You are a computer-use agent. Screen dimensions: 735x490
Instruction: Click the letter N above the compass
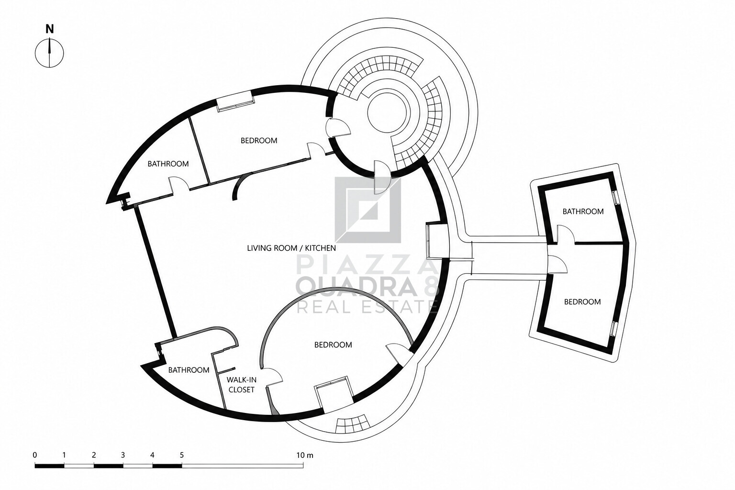click(x=50, y=29)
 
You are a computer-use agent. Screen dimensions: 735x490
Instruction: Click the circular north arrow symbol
click(x=50, y=53)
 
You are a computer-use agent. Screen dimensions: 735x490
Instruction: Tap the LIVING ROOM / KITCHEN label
click(x=291, y=248)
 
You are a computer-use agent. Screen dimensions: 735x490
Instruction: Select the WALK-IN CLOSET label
click(x=242, y=385)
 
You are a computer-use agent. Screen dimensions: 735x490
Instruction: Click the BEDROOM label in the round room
click(x=333, y=345)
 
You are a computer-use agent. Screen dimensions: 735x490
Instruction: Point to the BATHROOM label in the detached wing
click(x=583, y=212)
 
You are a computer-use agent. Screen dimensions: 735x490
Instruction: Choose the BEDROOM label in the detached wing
click(x=582, y=301)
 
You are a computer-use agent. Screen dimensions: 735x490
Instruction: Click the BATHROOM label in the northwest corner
click(x=168, y=164)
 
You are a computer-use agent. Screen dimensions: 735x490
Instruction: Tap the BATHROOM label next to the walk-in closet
click(x=189, y=370)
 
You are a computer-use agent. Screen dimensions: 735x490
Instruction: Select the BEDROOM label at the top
click(x=259, y=141)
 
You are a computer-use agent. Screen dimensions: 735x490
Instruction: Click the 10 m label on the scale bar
click(x=305, y=455)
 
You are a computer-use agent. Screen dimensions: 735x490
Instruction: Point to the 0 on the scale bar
click(x=35, y=455)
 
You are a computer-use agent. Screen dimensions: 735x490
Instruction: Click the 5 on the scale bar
click(x=182, y=455)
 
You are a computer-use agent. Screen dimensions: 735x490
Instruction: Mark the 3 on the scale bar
click(x=122, y=455)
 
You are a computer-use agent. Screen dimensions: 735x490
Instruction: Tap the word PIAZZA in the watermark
click(x=367, y=265)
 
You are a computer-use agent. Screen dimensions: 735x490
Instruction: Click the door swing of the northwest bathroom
click(x=179, y=183)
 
